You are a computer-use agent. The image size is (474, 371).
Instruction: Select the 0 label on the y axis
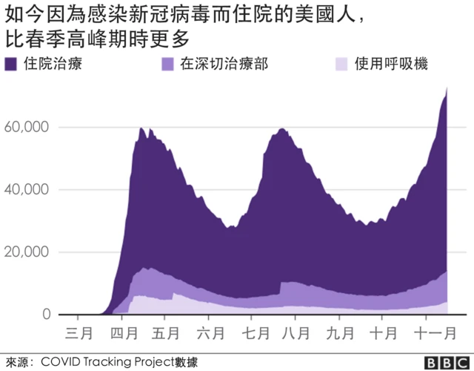point(45,315)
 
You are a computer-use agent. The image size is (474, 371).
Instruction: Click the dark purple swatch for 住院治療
point(12,65)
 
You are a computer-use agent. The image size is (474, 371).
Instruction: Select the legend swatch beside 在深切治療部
point(168,65)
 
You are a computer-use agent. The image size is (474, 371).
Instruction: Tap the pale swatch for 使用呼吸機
point(341,65)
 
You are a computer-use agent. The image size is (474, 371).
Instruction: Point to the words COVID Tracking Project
point(107,362)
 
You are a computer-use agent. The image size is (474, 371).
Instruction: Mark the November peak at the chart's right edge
point(447,89)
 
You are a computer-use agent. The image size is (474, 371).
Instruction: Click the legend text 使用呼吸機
point(391,65)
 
